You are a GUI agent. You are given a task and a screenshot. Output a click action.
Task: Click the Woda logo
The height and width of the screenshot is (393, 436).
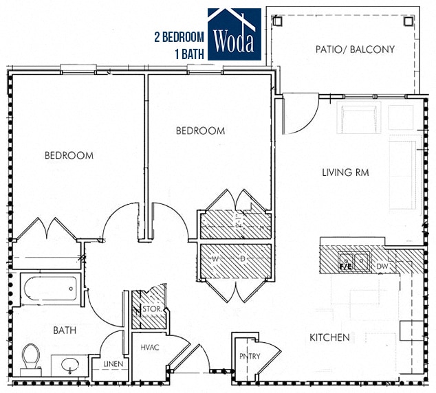point(235,34)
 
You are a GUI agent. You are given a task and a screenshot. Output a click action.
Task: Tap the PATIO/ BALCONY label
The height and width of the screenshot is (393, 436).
point(355,49)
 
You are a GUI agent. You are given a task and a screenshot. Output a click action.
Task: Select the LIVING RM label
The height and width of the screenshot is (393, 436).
point(345,172)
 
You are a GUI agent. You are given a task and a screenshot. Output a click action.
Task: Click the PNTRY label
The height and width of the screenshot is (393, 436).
point(249,356)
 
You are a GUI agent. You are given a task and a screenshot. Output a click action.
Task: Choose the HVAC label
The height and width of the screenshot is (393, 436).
point(150,348)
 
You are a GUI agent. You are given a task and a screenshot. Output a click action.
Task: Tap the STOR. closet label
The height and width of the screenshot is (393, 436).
point(152,309)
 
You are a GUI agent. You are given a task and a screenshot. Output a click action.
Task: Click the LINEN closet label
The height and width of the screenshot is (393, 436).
point(113,363)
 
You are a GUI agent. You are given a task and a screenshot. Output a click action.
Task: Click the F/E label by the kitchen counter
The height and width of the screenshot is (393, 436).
point(345,265)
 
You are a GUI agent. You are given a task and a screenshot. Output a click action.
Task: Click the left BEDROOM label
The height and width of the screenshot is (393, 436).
point(69,155)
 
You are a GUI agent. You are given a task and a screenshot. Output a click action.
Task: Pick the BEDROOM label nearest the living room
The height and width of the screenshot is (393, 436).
point(200,131)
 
